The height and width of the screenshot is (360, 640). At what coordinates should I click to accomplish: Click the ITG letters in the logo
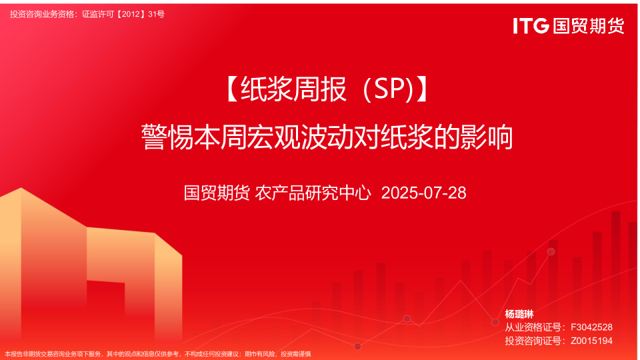[x=531, y=26]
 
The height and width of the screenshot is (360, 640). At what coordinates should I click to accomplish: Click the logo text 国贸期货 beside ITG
[x=589, y=26]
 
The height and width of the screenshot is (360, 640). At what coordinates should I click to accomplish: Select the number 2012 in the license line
[x=131, y=14]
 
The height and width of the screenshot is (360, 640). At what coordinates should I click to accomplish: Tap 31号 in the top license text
[x=156, y=14]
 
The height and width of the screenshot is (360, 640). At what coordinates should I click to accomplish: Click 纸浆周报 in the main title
[x=293, y=89]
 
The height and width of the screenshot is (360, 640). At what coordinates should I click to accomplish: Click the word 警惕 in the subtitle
[x=167, y=137]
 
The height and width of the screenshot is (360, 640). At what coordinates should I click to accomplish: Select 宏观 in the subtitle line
[x=273, y=137]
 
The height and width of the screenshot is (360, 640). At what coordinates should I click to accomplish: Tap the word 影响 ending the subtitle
[x=487, y=137]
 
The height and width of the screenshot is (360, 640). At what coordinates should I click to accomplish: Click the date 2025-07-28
[x=424, y=193]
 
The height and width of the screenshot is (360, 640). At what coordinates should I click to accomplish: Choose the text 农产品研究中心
[x=313, y=193]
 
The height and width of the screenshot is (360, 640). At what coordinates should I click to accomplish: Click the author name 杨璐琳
[x=519, y=314]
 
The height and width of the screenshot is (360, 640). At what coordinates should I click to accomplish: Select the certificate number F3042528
[x=591, y=327]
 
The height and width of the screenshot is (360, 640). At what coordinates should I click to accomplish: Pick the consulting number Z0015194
[x=591, y=341]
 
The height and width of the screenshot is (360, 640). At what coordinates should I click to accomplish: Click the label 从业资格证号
[x=533, y=327]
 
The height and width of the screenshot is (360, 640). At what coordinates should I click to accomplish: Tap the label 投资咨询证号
[x=533, y=341]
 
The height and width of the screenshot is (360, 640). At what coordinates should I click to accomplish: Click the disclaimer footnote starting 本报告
[x=157, y=354]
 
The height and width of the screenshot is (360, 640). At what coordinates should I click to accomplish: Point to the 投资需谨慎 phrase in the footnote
[x=296, y=354]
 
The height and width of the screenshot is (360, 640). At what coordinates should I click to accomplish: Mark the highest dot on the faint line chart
[x=551, y=251]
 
